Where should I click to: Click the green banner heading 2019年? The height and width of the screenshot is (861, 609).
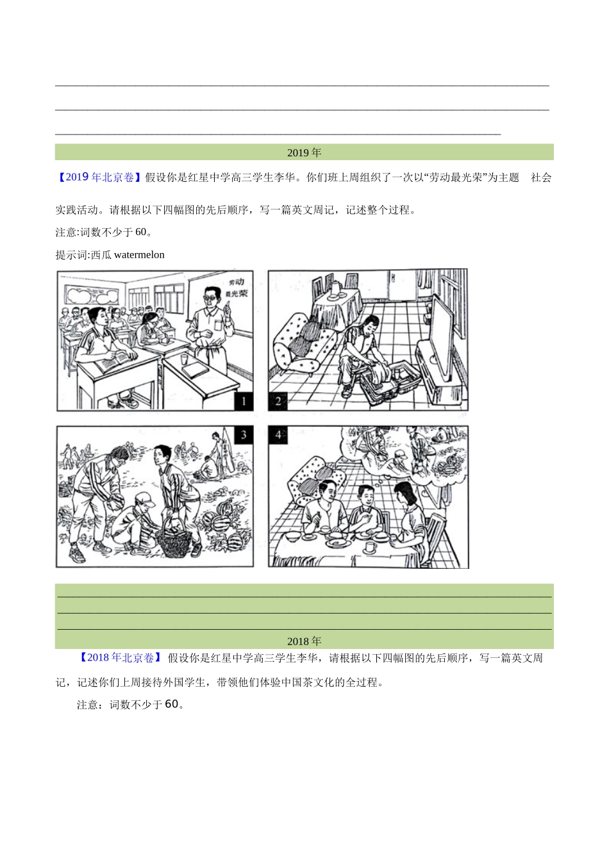pos(304,152)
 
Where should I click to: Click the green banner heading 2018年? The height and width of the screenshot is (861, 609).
pos(304,641)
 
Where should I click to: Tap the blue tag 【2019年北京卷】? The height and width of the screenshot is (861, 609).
pos(99,177)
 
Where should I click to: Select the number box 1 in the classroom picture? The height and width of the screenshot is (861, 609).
pos(244,402)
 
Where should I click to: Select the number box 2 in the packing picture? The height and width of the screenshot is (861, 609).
pos(278,402)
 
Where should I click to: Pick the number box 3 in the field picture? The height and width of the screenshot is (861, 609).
pos(244,435)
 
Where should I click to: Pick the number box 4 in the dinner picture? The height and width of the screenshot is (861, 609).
pos(278,435)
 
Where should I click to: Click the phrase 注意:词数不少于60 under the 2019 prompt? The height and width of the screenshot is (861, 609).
pos(103,232)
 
